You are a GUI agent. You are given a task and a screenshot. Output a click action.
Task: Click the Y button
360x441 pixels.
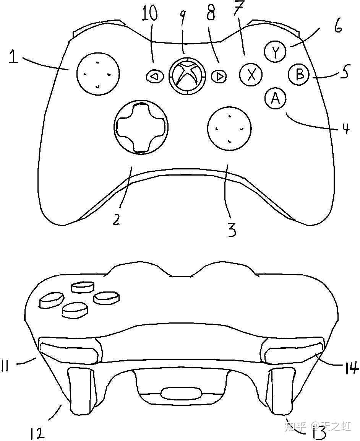(275, 52)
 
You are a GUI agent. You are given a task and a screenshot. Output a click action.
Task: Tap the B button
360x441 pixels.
(300, 75)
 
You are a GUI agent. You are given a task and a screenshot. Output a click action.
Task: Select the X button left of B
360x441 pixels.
(251, 74)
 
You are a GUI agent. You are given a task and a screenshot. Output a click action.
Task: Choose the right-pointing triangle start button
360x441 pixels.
(219, 76)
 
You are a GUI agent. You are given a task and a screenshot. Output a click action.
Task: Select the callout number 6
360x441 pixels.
(338, 27)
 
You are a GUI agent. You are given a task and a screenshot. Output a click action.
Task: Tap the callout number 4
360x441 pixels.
(345, 129)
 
